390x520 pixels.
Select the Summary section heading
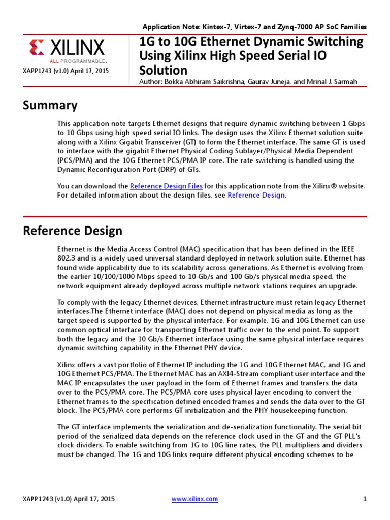[x=50, y=105]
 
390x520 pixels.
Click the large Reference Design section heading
[x=73, y=231]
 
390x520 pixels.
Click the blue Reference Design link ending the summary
[x=256, y=195]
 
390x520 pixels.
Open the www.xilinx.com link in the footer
[x=194, y=499]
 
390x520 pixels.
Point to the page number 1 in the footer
[x=365, y=499]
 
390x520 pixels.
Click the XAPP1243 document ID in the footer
[x=40, y=499]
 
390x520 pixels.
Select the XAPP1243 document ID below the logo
[x=40, y=72]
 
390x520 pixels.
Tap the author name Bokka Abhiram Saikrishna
[x=200, y=82]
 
